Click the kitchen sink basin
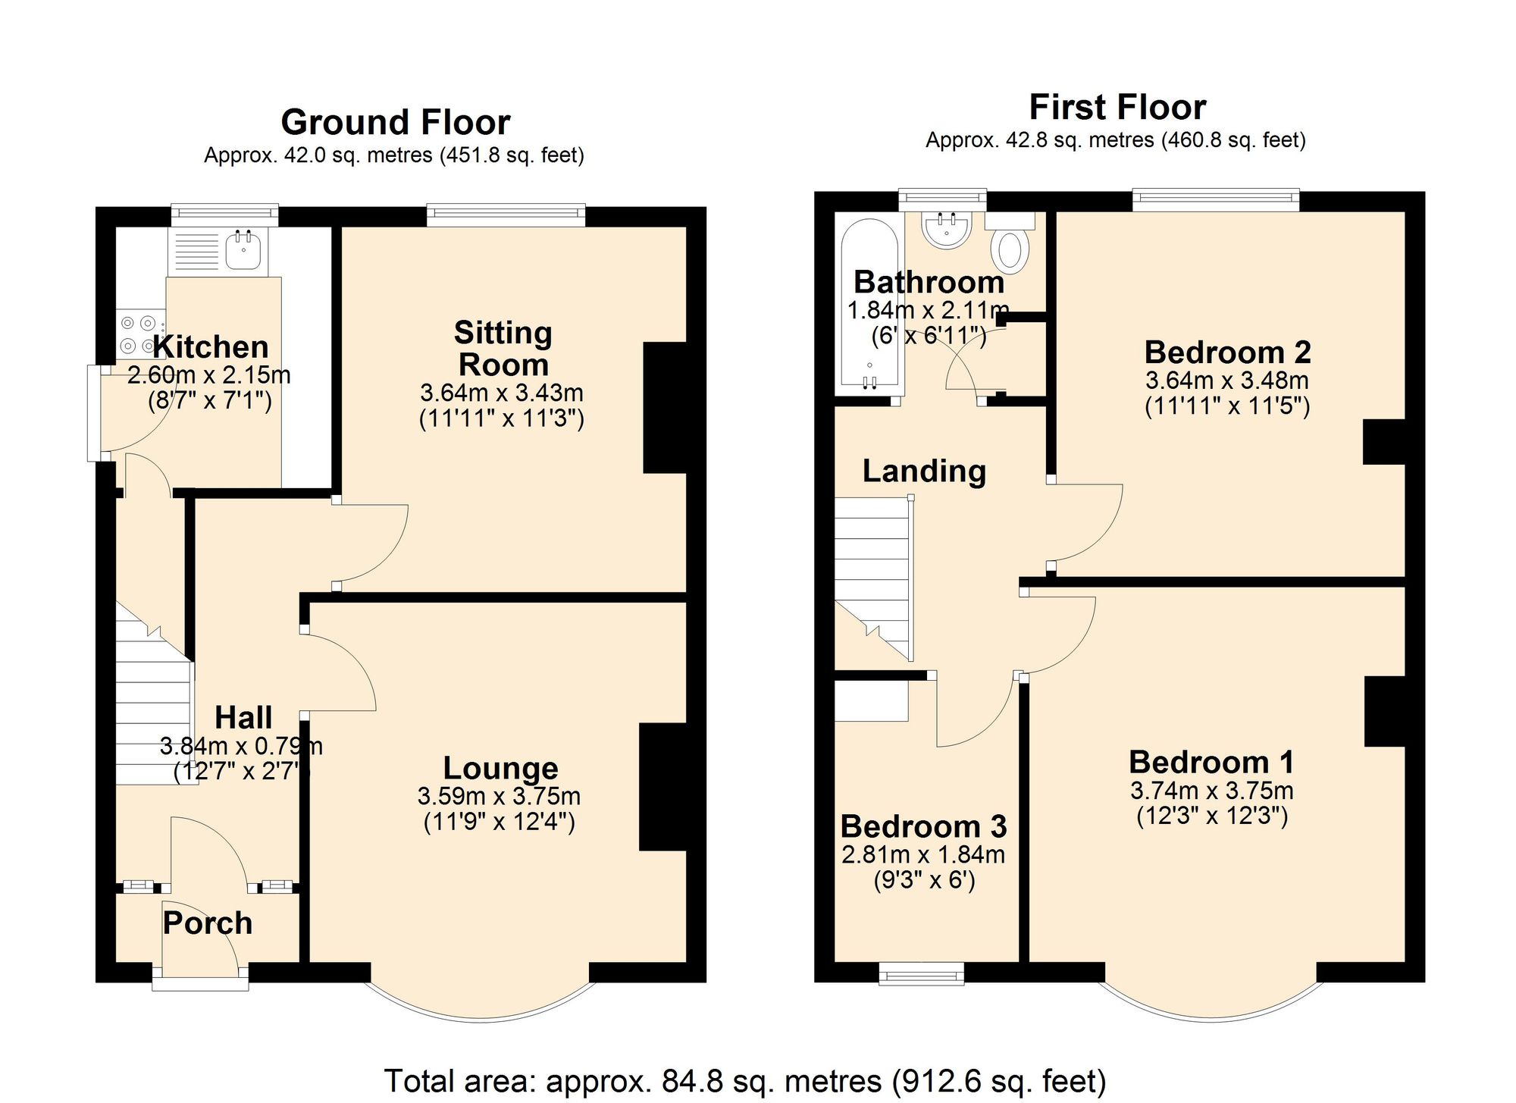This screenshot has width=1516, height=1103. click(x=243, y=250)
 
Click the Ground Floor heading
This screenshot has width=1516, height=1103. click(x=395, y=122)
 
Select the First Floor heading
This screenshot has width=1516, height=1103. click(x=1117, y=107)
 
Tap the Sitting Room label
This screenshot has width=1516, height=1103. click(x=503, y=349)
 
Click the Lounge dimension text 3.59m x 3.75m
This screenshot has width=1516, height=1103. click(x=499, y=796)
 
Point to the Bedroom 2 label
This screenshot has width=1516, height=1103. click(x=1227, y=353)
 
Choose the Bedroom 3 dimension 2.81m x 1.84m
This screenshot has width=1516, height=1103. click(x=922, y=854)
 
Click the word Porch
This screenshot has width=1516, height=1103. click(x=208, y=923)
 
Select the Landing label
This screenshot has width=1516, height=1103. click(x=924, y=471)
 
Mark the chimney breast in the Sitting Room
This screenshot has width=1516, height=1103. click(x=664, y=408)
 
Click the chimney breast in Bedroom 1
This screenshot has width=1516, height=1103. click(x=1384, y=711)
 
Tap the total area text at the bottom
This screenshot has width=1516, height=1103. click(x=745, y=1080)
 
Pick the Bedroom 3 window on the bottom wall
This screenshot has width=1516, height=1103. click(x=921, y=973)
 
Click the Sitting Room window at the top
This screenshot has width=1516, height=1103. click(x=506, y=215)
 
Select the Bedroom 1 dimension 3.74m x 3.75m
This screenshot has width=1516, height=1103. click(x=1211, y=791)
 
